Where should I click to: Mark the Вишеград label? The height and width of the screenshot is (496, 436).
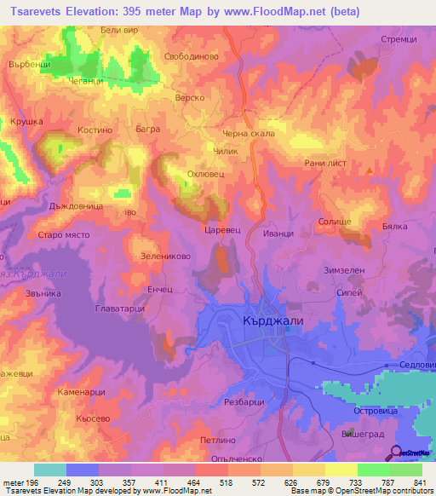[x=372, y=434]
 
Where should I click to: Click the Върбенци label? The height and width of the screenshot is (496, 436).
[x=31, y=65]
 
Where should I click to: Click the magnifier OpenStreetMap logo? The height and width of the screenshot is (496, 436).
[x=396, y=453]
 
